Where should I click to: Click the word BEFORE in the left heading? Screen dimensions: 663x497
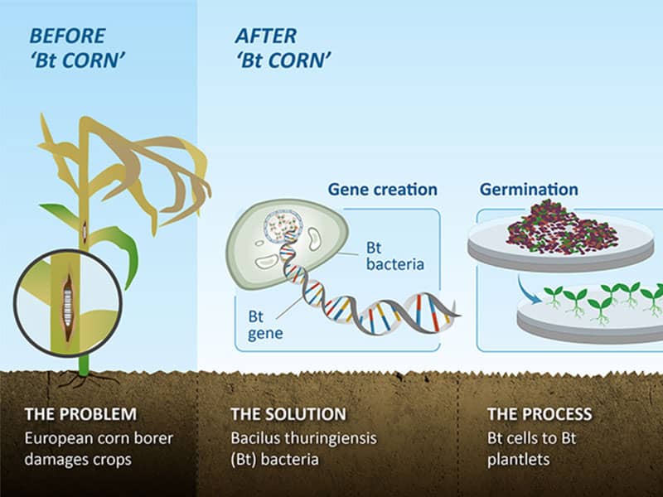pyautogui.click(x=67, y=36)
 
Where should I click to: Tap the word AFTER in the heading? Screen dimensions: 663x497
pyautogui.click(x=266, y=36)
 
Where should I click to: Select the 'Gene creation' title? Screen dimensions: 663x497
pyautogui.click(x=383, y=190)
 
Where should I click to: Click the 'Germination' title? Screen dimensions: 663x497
pyautogui.click(x=529, y=190)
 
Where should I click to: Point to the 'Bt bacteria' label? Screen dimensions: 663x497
pyautogui.click(x=395, y=256)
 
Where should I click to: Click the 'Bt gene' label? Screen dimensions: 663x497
pyautogui.click(x=265, y=325)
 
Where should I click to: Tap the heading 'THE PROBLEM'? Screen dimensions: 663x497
pyautogui.click(x=80, y=414)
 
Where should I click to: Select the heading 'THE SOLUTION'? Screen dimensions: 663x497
pyautogui.click(x=288, y=414)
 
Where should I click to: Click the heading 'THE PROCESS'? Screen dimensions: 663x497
pyautogui.click(x=540, y=414)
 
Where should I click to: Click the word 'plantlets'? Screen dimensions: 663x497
pyautogui.click(x=519, y=460)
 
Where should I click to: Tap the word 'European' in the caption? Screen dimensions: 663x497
pyautogui.click(x=57, y=439)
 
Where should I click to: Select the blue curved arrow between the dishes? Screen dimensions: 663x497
pyautogui.click(x=529, y=288)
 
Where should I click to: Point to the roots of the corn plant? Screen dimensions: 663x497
pyautogui.click(x=85, y=379)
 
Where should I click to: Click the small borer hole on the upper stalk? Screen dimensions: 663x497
pyautogui.click(x=85, y=230)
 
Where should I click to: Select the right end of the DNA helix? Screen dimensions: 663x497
pyautogui.click(x=459, y=315)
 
